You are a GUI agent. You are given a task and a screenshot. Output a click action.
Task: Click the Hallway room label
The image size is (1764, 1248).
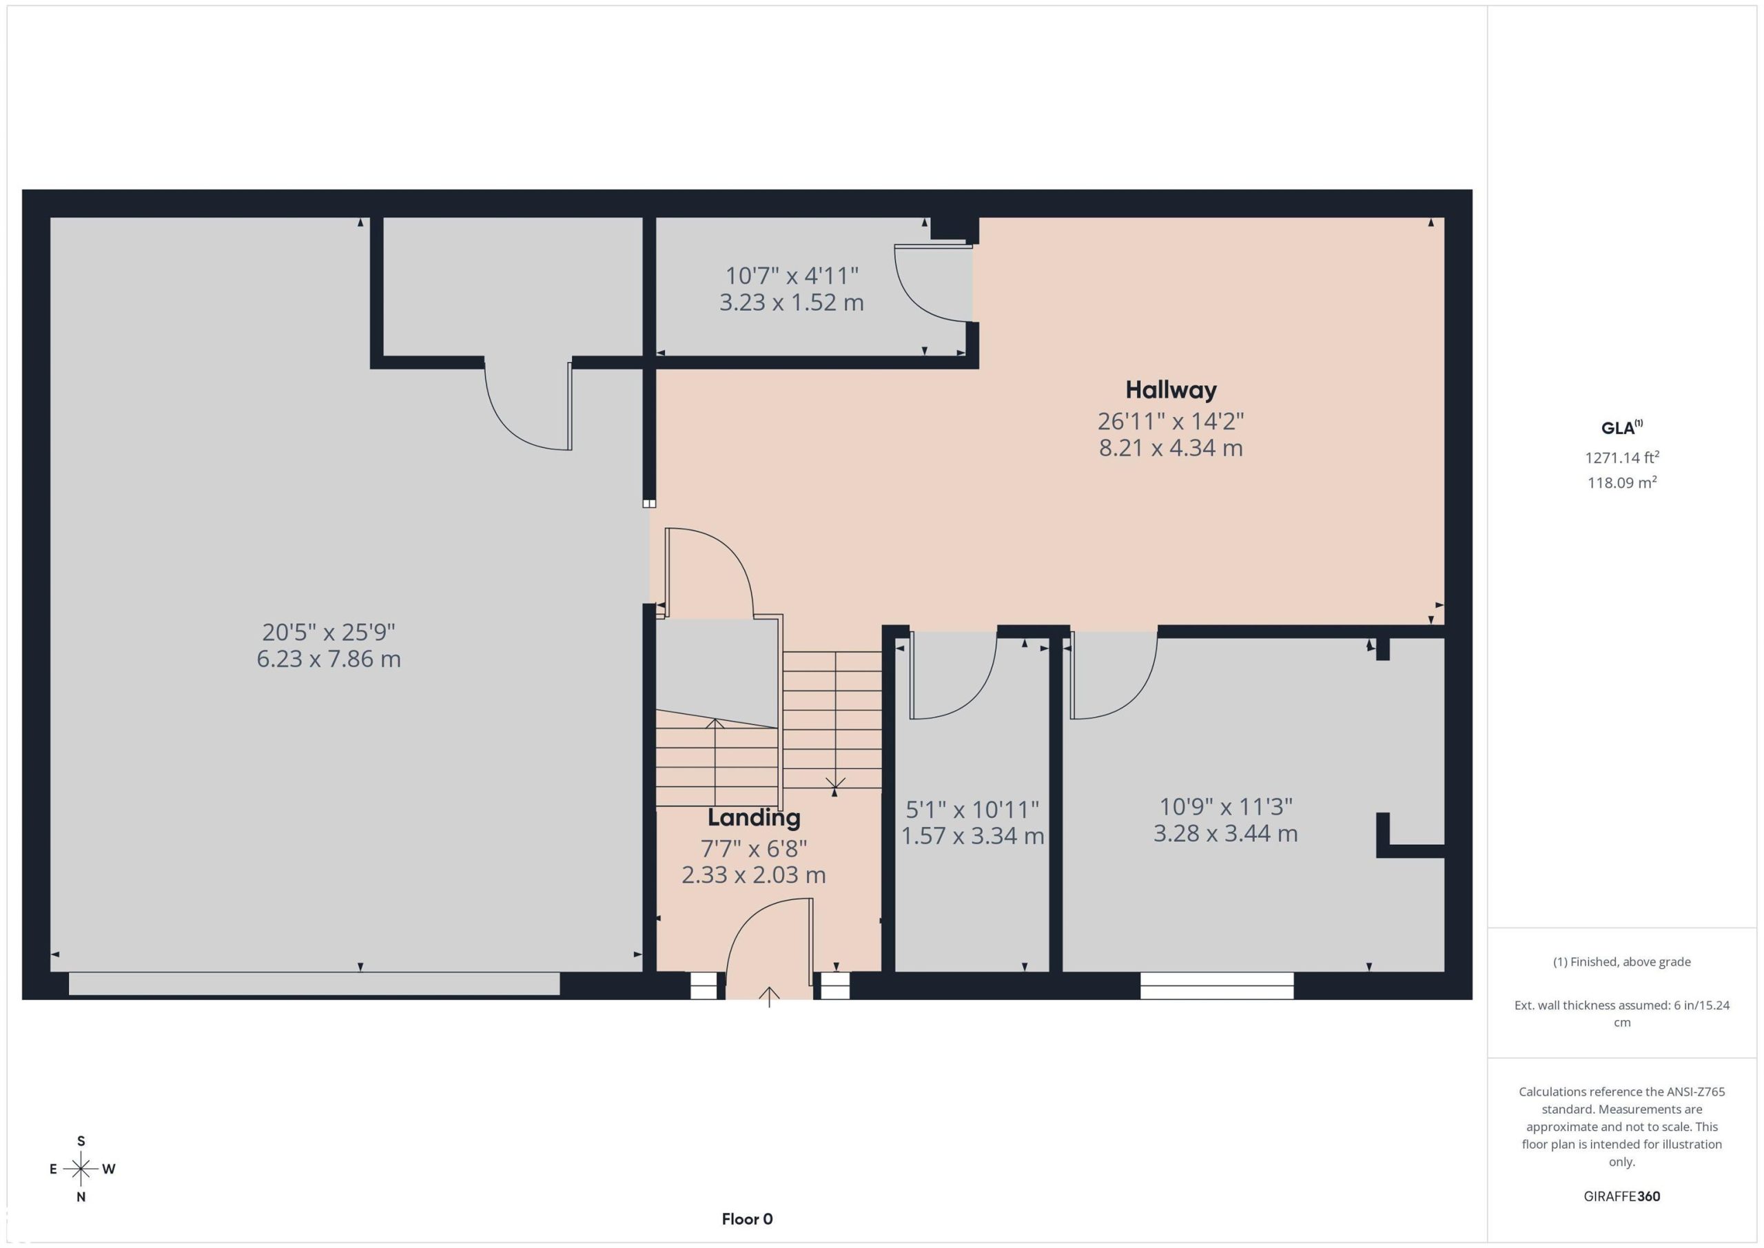(1170, 390)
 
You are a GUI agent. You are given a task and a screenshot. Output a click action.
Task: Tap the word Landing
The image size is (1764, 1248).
(754, 819)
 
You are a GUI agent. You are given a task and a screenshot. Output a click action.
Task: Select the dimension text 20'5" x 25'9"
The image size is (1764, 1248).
(329, 633)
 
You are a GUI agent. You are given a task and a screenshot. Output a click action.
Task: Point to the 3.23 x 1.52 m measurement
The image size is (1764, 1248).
(791, 303)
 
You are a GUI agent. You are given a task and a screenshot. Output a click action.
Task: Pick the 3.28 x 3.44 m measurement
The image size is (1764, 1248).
(1225, 834)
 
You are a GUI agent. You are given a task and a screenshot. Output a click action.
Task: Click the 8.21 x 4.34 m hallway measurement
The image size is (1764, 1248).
(1170, 448)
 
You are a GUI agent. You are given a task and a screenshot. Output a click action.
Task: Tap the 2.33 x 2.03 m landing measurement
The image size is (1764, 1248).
(754, 875)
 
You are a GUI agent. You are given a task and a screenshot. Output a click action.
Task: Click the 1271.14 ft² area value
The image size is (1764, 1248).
(1621, 458)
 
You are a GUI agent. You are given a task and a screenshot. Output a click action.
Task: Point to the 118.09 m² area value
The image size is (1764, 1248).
(1621, 483)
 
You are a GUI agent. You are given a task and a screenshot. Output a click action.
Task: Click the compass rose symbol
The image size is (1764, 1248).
(81, 1169)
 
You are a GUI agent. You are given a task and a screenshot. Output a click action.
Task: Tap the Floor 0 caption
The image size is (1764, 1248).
(747, 1219)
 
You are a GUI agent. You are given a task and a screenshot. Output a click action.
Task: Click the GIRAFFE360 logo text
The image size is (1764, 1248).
(1621, 1196)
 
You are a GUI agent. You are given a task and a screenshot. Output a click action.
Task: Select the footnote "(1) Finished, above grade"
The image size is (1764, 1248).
(1621, 962)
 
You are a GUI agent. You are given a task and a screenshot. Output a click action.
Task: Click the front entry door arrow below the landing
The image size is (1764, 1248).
(769, 996)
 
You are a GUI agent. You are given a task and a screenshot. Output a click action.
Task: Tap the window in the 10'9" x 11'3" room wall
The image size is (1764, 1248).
(1217, 986)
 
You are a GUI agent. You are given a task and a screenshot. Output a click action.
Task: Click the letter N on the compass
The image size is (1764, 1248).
(81, 1197)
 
